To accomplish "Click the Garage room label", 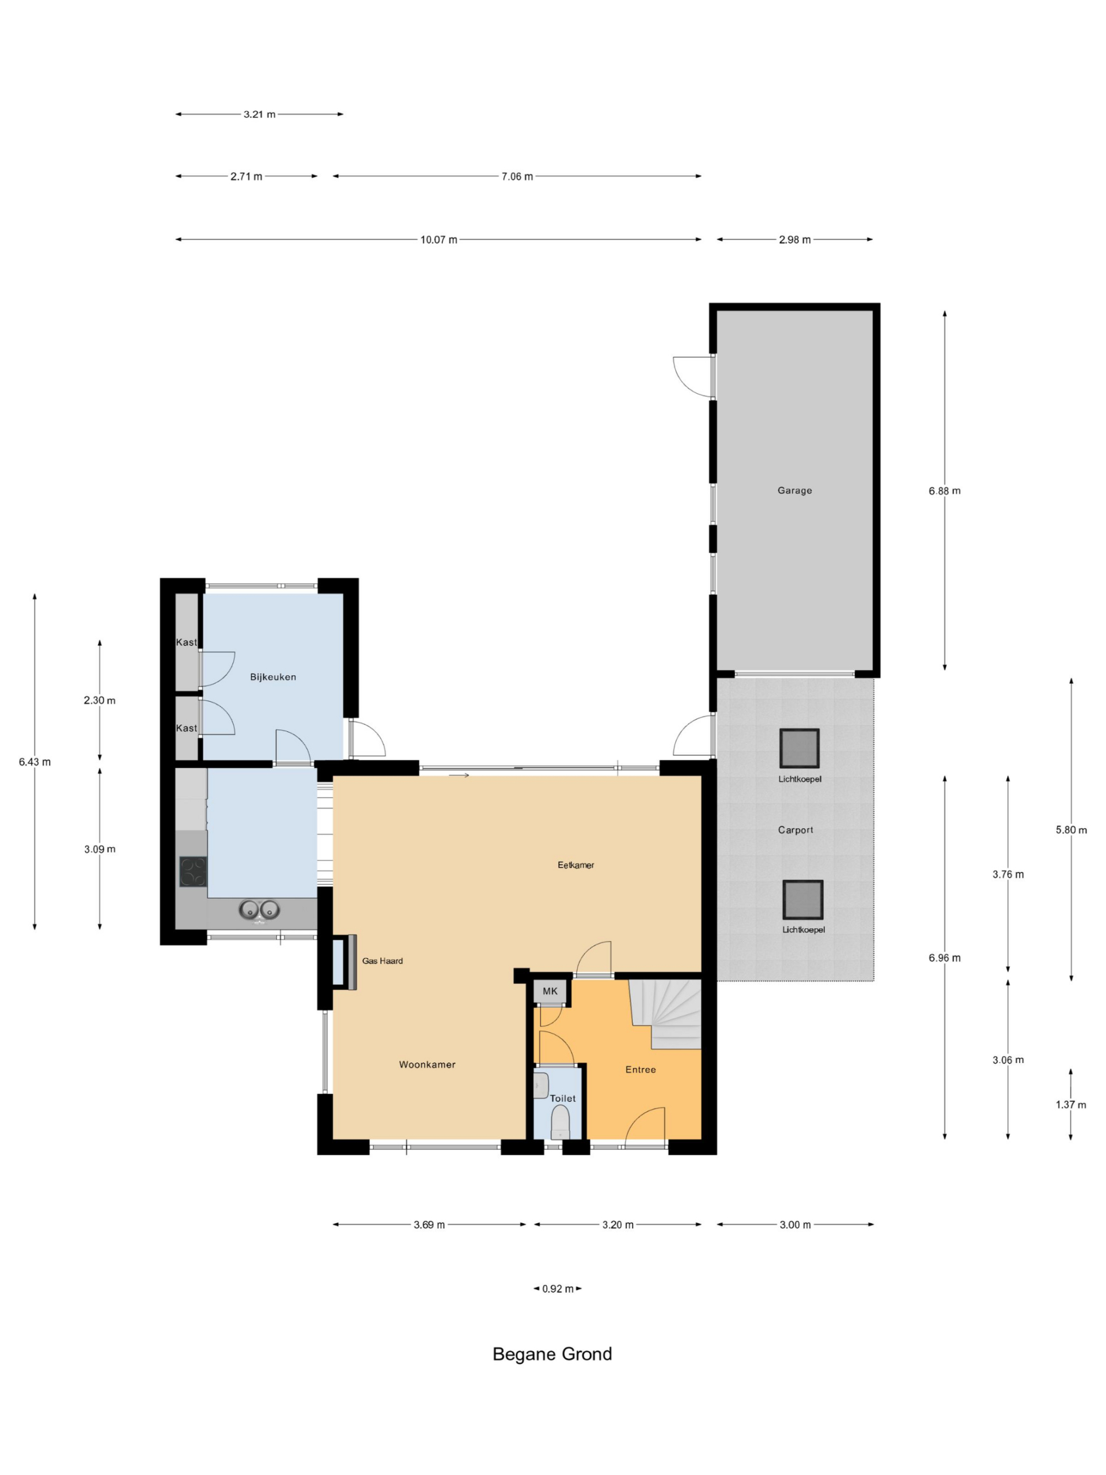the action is (794, 490).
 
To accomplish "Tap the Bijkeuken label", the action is (272, 677).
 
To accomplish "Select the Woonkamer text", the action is (427, 1064).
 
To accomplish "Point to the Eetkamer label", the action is (576, 865).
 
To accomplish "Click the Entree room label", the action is (641, 1069).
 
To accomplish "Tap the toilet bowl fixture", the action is (560, 1123).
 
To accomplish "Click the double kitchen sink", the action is (259, 910).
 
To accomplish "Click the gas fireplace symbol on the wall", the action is (343, 962).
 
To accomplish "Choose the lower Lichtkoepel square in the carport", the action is (802, 899).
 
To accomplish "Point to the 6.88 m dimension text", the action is (945, 491).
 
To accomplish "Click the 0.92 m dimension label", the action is (558, 1289).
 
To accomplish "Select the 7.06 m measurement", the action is (517, 177).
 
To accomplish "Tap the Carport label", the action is (796, 830).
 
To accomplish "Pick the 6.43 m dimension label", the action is (35, 762).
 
